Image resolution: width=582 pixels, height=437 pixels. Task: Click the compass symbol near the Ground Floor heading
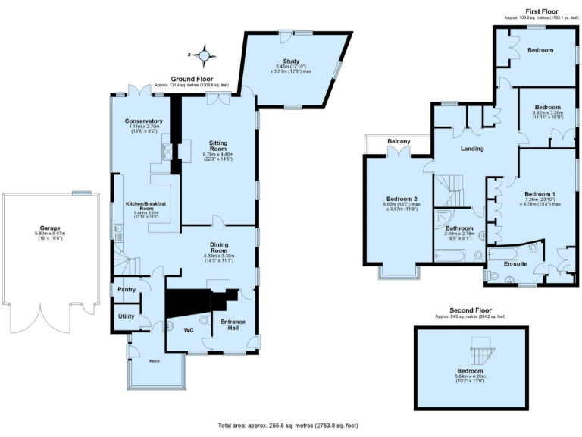pyautogui.click(x=204, y=55)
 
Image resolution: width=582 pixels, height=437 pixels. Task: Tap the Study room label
pyautogui.click(x=292, y=61)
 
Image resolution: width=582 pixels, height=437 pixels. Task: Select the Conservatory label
pyautogui.click(x=143, y=121)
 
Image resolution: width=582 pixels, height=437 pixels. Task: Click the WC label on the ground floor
pyautogui.click(x=189, y=331)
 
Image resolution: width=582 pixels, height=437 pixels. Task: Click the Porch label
pyautogui.click(x=155, y=360)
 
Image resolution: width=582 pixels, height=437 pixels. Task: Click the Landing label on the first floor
pyautogui.click(x=472, y=149)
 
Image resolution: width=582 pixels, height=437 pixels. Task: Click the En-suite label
pyautogui.click(x=516, y=264)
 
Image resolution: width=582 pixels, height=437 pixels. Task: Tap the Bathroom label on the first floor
pyautogui.click(x=459, y=228)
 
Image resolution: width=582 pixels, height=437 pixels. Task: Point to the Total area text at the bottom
pyautogui.click(x=287, y=426)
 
